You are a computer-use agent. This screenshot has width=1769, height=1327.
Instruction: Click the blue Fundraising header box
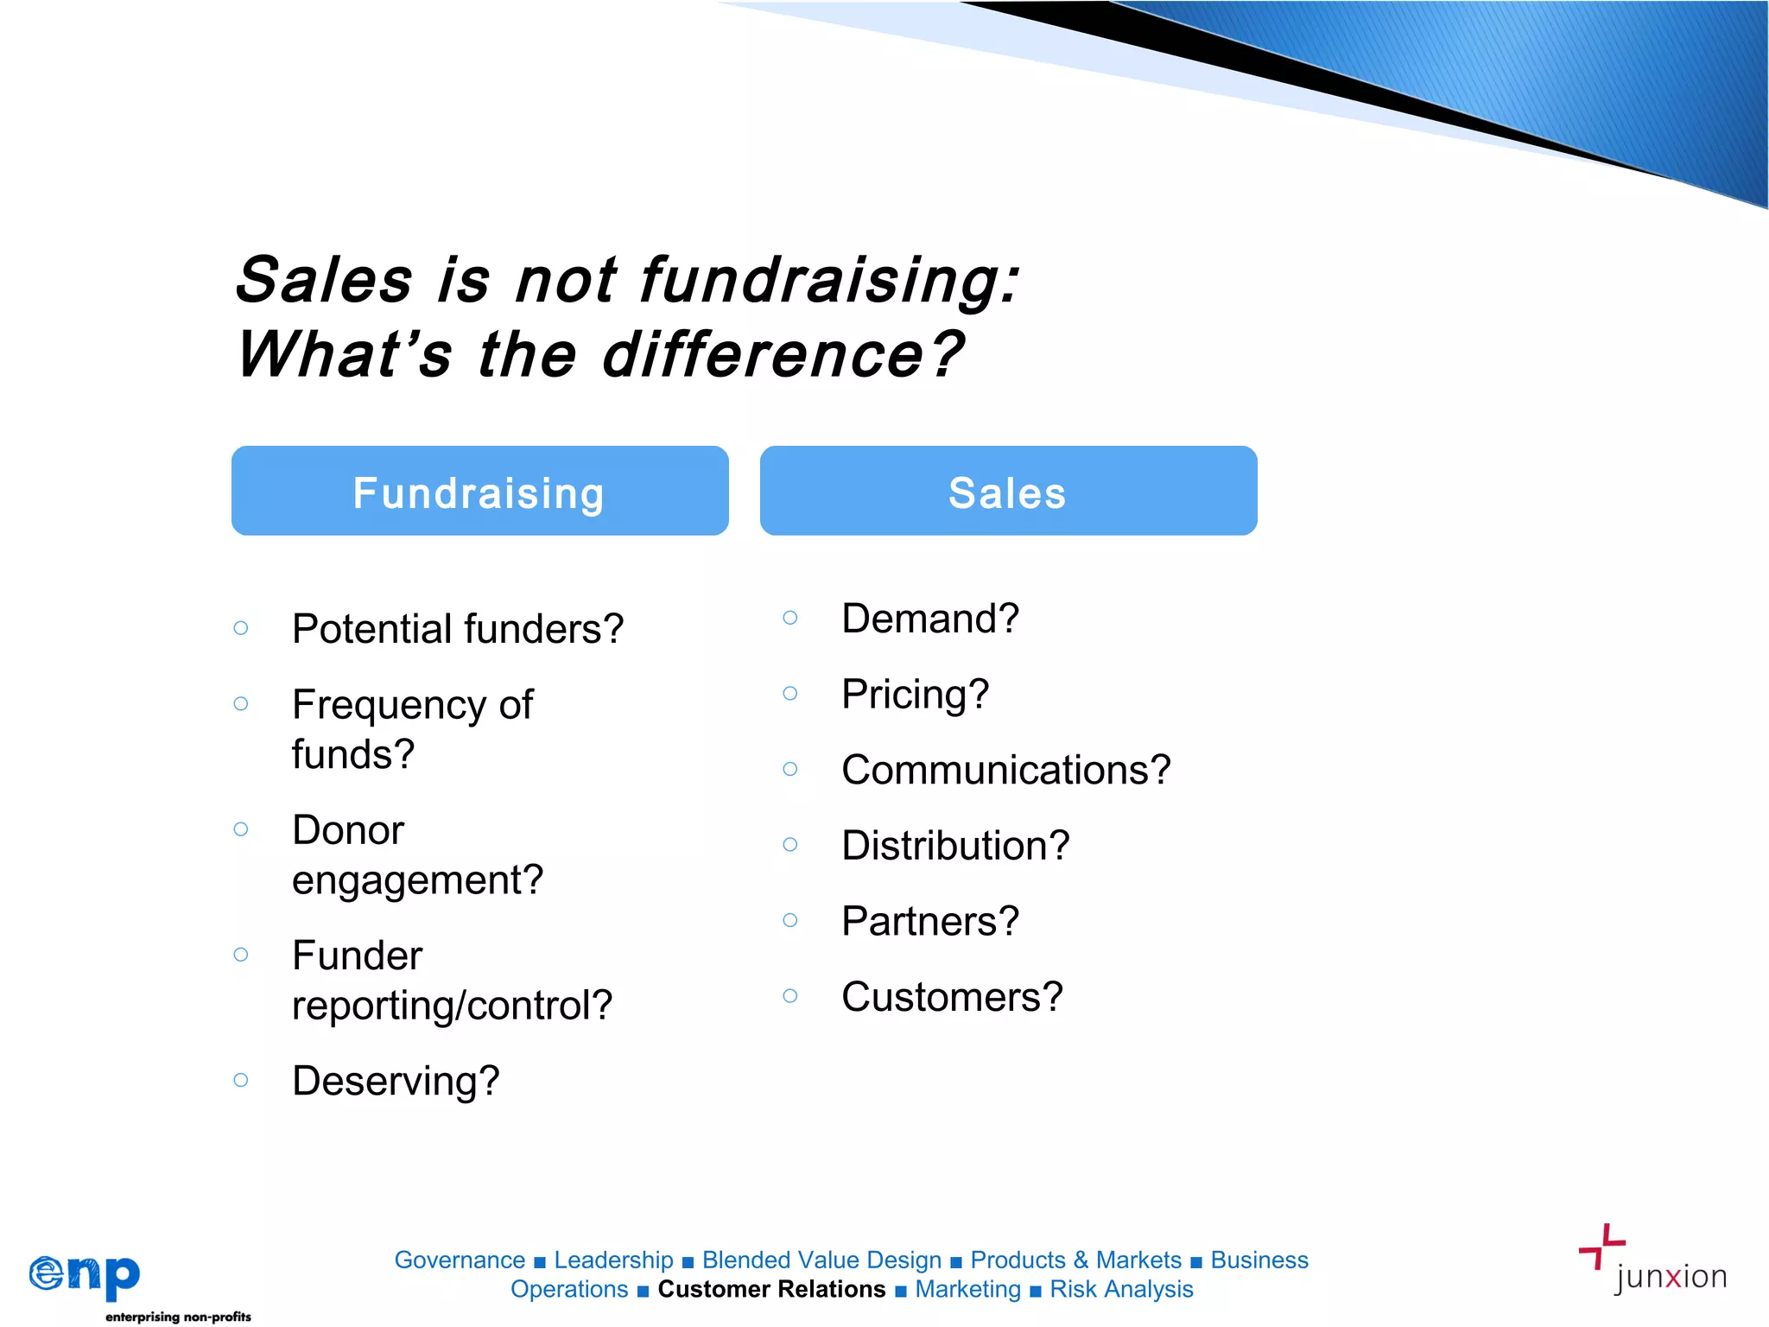tap(479, 491)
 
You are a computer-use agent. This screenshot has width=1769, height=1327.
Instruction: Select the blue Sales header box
tap(1008, 491)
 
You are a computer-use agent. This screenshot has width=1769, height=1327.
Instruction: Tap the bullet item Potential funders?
tap(457, 629)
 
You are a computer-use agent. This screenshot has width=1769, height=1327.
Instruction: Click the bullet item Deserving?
tap(396, 1081)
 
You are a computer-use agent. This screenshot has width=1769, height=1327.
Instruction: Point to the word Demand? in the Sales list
tap(930, 619)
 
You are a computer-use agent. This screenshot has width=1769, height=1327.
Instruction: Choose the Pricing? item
tap(915, 695)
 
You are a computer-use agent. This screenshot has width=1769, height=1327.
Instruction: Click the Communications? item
tap(1005, 770)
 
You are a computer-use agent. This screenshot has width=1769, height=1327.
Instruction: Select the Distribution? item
tap(955, 846)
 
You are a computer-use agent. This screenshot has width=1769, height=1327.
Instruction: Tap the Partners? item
tap(930, 921)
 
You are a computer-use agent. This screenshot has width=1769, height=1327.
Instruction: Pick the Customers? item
tap(952, 997)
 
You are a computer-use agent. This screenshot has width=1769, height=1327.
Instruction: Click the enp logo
tap(85, 1276)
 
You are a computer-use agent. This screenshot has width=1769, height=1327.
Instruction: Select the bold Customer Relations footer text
tap(771, 1289)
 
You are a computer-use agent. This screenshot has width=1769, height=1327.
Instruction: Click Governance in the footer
tap(460, 1260)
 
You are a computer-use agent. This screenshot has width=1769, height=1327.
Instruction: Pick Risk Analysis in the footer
tap(1121, 1289)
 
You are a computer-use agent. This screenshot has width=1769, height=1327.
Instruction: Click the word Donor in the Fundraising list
tap(348, 830)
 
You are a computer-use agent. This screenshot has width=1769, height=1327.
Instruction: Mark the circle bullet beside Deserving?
tap(241, 1080)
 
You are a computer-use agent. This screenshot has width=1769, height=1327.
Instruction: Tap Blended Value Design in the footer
tap(821, 1260)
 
